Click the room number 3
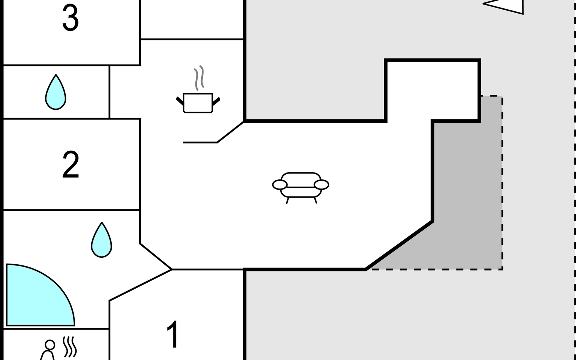(70, 18)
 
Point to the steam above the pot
(199, 78)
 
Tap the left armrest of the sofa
(280, 185)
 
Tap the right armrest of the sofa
(322, 185)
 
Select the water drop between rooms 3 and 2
(55, 92)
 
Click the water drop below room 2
(101, 240)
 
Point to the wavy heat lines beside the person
(70, 347)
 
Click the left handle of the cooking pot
(180, 101)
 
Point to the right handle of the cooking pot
(216, 101)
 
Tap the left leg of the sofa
(288, 200)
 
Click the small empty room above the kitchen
(192, 19)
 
